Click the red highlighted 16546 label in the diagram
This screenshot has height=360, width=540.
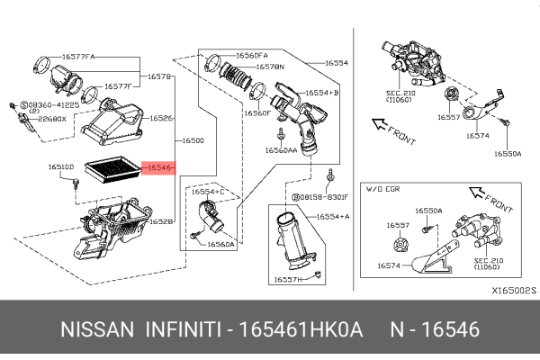coord(159,168)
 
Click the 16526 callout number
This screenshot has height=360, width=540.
coord(162,118)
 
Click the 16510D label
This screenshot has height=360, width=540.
coord(62,166)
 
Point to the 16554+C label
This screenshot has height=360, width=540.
coord(210,193)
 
